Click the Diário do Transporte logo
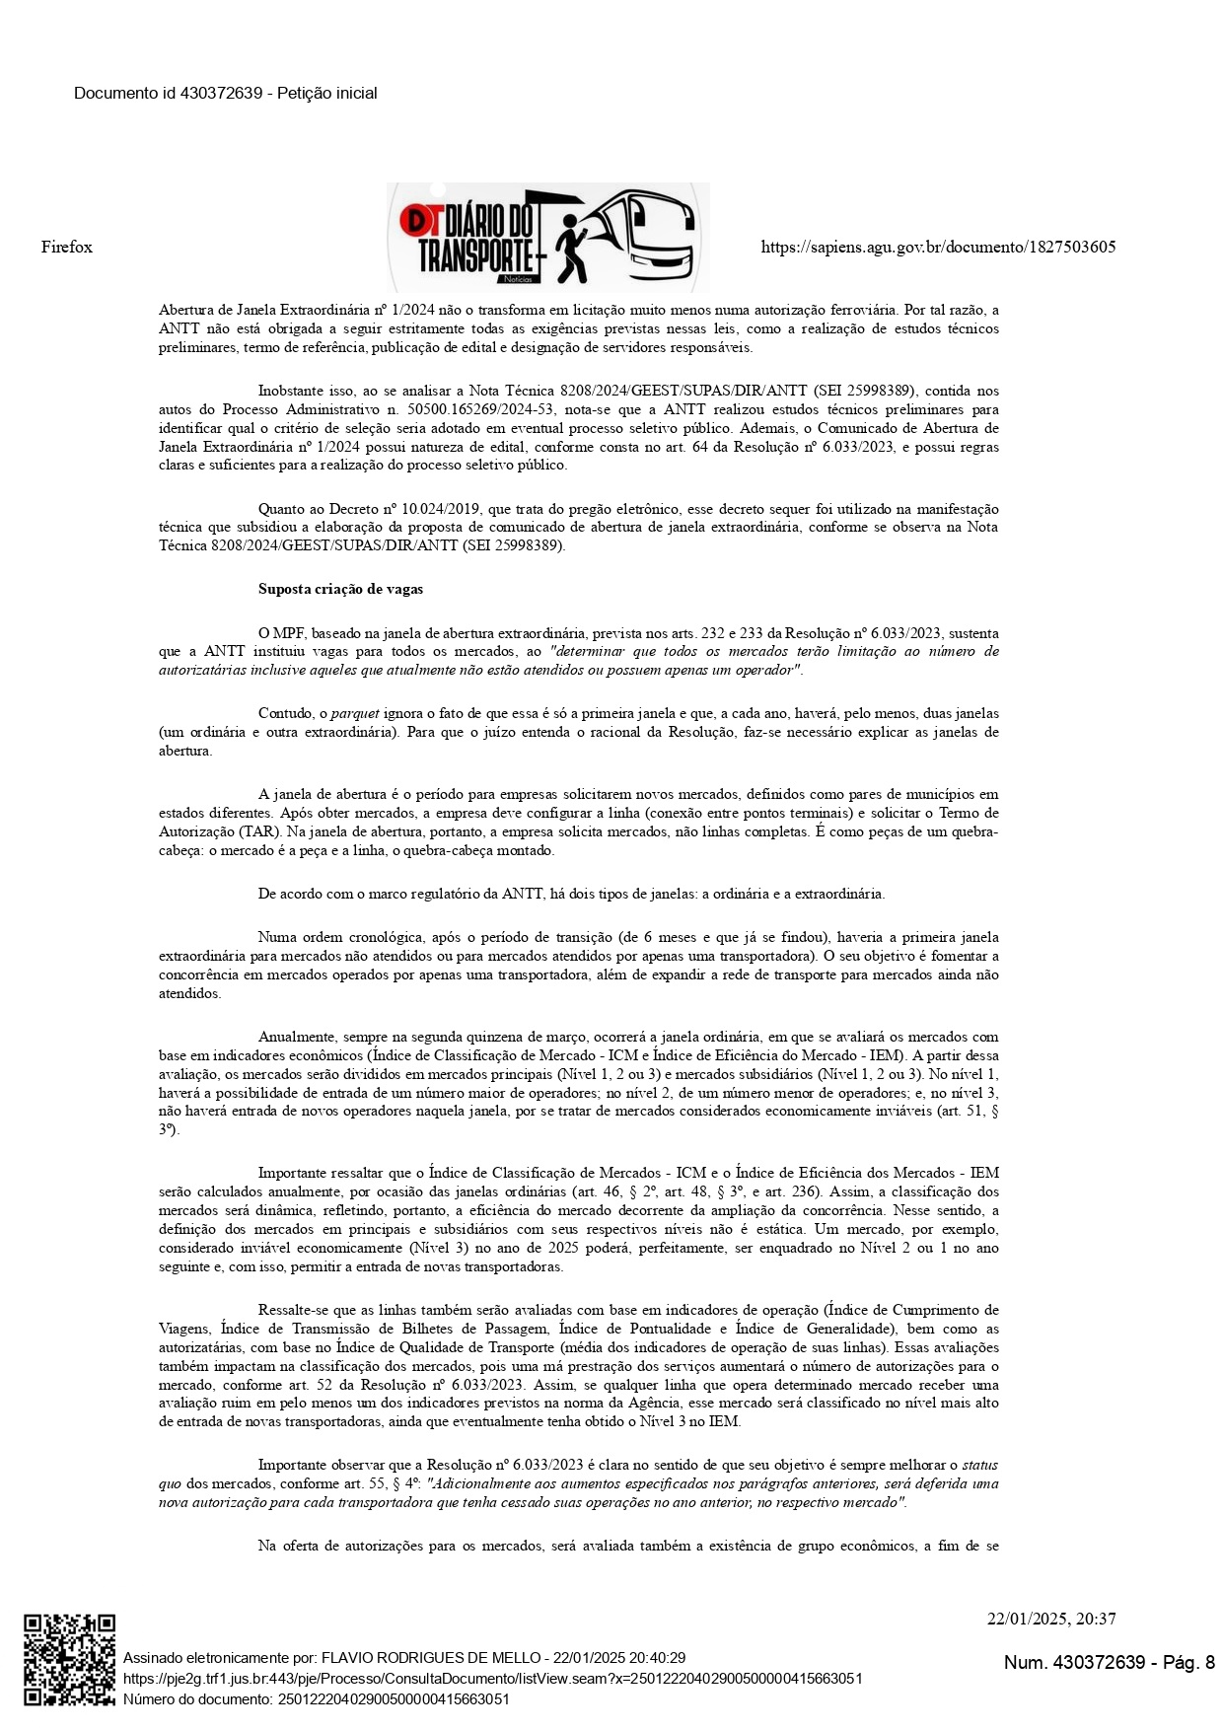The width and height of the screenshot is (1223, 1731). pos(547,238)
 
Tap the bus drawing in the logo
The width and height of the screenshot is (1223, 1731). pos(646,237)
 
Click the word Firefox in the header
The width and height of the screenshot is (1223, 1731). pos(67,247)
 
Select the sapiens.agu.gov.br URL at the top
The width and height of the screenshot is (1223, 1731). pos(938,247)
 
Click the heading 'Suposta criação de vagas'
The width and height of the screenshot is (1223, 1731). pos(340,589)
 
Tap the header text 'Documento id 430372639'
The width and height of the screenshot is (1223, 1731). pos(168,94)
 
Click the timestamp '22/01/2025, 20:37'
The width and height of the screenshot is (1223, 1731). pos(1051,1619)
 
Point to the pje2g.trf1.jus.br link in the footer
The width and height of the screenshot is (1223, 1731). pos(492,1678)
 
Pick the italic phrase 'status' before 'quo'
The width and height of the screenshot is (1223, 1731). pos(980,1465)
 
